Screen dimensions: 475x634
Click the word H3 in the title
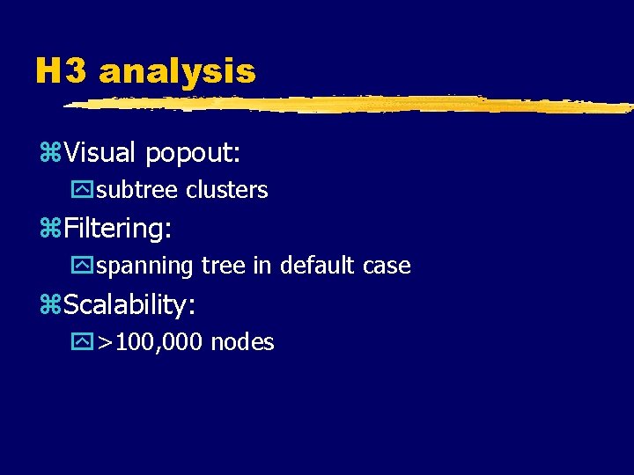61,71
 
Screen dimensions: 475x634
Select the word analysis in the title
177,71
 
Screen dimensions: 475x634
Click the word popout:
193,154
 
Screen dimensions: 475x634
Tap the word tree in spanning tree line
224,266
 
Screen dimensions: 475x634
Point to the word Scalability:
129,305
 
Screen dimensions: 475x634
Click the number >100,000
151,342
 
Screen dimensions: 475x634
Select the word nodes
242,342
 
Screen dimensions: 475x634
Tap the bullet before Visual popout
49,154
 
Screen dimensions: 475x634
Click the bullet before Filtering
49,230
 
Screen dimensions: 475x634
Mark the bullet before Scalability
49,305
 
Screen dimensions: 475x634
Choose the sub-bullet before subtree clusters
85,190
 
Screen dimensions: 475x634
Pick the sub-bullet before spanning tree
85,266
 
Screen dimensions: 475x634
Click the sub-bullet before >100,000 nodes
85,341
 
